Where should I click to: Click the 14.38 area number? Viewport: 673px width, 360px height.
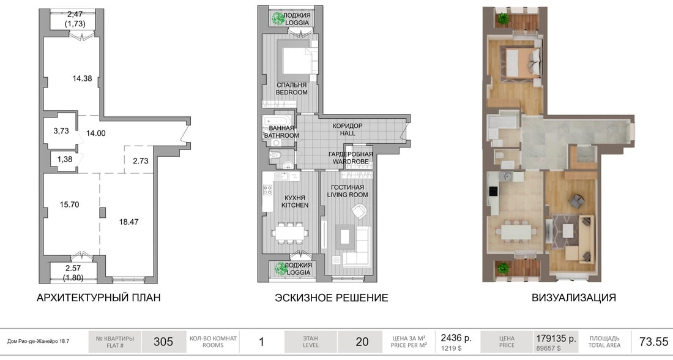pos(82,78)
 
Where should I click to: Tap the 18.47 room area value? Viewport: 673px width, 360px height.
pos(128,222)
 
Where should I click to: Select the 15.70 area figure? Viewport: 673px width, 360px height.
pos(70,204)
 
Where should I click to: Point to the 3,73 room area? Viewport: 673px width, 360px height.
pos(61,130)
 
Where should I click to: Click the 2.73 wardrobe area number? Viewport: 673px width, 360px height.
pos(140,160)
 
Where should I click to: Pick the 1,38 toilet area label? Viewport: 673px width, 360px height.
pos(65,159)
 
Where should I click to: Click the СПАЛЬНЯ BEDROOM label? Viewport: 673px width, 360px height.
pos(291,89)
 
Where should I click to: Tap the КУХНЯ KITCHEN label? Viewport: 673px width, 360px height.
pos(295,201)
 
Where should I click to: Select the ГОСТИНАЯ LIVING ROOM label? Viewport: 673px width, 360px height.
pos(348,191)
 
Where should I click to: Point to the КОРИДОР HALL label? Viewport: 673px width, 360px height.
pos(348,129)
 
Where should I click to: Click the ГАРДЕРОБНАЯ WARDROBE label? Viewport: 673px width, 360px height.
pos(351,158)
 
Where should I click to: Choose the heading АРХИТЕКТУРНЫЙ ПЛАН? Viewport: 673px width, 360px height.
pos(99,298)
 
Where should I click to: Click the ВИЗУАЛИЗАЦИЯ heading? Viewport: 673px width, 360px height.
pos(574,298)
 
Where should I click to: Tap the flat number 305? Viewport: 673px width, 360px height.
pos(163,342)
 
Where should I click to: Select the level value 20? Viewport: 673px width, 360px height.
pos(362,342)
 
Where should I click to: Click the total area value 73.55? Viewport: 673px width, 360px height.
pos(653,342)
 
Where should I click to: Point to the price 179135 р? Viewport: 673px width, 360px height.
pos(556,339)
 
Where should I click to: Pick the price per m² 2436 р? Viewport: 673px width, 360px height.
pos(456,338)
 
